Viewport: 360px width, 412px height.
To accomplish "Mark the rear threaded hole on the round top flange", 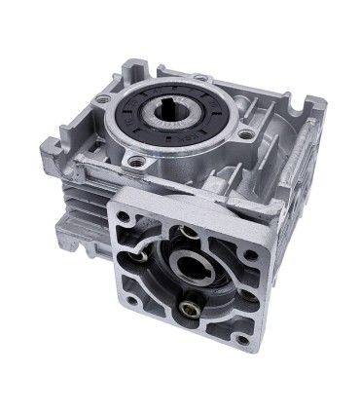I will tap(201, 76).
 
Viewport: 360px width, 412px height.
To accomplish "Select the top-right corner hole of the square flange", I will tap(253, 254).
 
